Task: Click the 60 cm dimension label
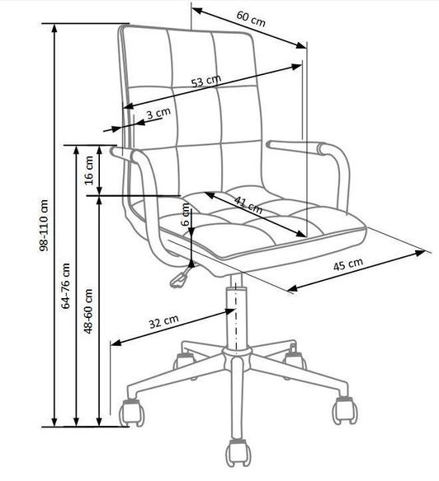251,19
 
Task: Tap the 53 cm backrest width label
206,81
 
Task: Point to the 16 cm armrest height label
89,170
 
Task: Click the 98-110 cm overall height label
44,226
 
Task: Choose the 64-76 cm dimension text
66,285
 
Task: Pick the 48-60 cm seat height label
88,311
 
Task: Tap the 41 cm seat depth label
248,205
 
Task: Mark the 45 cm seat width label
348,264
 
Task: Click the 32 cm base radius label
164,321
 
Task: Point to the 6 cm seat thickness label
186,214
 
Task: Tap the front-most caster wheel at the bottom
238,453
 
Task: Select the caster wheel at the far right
345,410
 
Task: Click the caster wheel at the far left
132,413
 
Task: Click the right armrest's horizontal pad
295,147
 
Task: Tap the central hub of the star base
236,356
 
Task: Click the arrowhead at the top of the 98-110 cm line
54,28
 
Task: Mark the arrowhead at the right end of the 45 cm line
420,254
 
